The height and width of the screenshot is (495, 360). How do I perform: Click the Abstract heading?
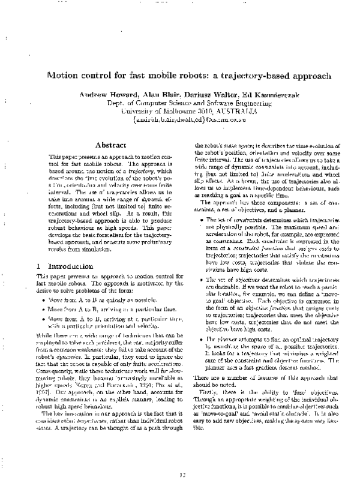point(110,145)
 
